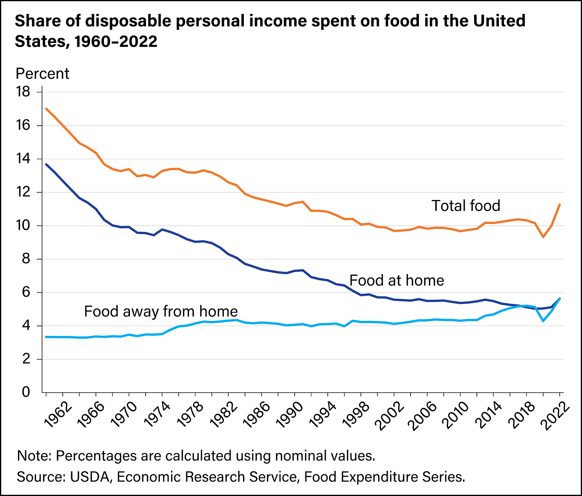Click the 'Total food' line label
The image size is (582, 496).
tap(466, 206)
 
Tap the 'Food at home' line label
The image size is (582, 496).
tap(397, 280)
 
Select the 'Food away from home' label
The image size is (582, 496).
tap(161, 311)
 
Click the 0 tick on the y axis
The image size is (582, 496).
tap(26, 392)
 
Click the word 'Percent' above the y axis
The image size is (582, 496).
tap(42, 74)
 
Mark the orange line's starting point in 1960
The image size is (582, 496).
tap(46, 108)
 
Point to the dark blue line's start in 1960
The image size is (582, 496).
tap(46, 164)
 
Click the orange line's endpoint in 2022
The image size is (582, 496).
tap(560, 204)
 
